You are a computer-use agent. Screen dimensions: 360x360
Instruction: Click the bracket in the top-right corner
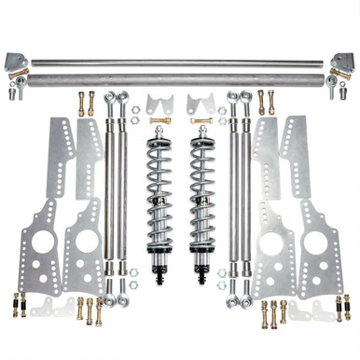(x=341, y=63)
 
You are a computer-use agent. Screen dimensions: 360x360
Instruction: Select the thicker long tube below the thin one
(x=179, y=80)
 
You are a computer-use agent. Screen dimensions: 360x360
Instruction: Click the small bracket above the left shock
(x=154, y=105)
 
